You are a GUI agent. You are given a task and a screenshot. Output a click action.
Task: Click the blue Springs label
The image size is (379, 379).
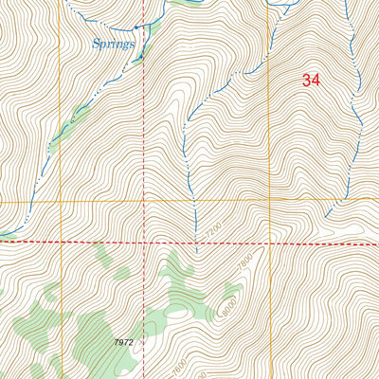coord(113,44)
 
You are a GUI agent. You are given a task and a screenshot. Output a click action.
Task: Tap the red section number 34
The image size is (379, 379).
coord(311,81)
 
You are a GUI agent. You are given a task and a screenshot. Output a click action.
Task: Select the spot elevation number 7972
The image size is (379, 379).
coord(123,342)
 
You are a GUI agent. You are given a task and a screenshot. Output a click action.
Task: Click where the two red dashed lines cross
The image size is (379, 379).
coord(144,243)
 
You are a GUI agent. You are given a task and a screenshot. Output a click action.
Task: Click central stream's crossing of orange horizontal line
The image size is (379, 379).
coord(194,202)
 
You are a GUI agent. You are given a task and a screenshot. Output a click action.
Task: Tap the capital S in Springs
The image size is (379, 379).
coord(98,44)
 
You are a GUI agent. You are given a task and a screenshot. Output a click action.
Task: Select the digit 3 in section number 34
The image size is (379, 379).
coord(306,81)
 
